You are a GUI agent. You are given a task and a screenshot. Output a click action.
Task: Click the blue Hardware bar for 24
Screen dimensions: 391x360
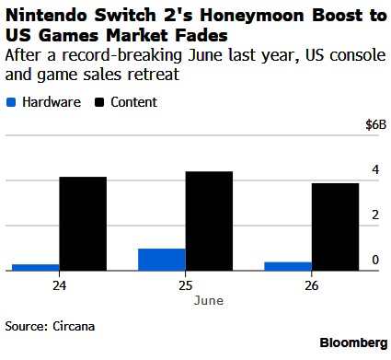coord(36,267)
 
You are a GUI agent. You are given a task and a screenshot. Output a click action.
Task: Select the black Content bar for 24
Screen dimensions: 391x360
coord(83,224)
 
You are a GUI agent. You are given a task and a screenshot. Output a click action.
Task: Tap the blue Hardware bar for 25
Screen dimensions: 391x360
coord(162,260)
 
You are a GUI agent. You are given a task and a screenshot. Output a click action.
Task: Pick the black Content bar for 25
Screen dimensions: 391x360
coord(209,221)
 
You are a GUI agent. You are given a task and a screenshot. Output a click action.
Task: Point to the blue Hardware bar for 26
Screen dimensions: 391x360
coord(288,266)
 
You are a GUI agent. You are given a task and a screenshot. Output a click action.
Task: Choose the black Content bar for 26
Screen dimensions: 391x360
coord(335,226)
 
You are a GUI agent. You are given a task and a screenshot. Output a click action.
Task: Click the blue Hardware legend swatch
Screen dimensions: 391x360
coord(11,102)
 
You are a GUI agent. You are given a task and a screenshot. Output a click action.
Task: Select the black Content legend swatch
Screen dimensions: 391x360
coord(99,102)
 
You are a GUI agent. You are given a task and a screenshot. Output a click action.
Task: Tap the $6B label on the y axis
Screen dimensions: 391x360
coord(376,125)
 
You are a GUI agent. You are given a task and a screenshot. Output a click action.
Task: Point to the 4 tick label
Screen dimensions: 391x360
coord(375,169)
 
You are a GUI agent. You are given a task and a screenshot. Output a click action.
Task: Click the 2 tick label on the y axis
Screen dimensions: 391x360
coord(375,215)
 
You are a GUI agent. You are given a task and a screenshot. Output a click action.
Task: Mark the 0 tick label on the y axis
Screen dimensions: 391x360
coord(375,260)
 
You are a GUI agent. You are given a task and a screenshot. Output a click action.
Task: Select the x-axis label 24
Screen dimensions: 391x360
coord(59,285)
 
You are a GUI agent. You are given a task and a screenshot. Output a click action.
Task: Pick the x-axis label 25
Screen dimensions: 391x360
coord(186,285)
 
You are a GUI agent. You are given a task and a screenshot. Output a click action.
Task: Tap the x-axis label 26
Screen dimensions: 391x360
coord(312,285)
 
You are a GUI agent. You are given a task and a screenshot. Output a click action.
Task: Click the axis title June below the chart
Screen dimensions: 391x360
coord(209,300)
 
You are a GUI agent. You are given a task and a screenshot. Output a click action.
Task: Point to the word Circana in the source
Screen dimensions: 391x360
coord(74,326)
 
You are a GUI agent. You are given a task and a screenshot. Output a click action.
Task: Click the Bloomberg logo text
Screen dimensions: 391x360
coord(353,343)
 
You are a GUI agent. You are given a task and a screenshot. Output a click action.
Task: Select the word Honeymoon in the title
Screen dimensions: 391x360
coord(252,16)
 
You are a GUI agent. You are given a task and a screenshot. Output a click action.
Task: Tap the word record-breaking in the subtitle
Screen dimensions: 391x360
coord(122,55)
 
